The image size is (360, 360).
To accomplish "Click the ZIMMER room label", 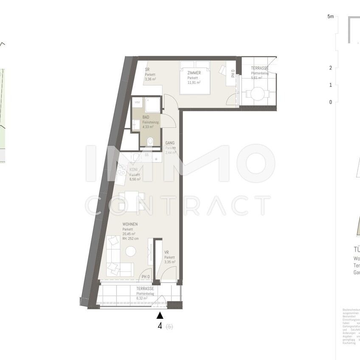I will pos(194,73).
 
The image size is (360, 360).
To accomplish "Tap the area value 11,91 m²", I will pos(194,83).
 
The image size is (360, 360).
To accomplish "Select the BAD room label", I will pos(146,117).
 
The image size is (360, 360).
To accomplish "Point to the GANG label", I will pos(170,143).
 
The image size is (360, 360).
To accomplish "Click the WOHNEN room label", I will pos(130,224).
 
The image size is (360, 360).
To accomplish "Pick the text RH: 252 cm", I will pos(132,239).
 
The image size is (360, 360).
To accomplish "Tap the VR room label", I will pos(166,253).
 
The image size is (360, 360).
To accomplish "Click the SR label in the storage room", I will pos(147,70).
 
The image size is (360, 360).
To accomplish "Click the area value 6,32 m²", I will pos(142,298).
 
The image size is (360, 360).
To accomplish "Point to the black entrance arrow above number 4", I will pos(160,315).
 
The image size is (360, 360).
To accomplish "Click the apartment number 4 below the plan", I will pos(160,326).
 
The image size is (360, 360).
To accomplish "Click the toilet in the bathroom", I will pos(149,142).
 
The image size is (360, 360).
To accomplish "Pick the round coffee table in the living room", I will pos(131,251).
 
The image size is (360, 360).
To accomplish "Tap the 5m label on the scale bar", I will pos(331,17).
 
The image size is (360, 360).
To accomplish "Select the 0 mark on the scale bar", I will pos(330,102).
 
